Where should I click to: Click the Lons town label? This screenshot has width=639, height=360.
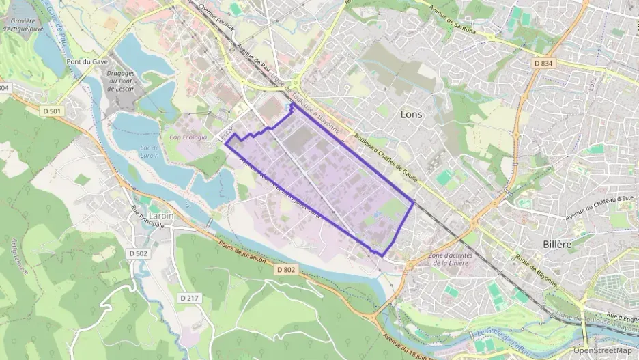pos(411,115)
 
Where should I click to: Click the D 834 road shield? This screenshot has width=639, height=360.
pos(543,64)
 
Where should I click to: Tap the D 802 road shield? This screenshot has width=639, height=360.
pos(286,270)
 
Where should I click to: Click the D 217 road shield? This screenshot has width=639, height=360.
pos(188,298)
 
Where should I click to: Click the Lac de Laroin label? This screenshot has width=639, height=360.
pos(148,151)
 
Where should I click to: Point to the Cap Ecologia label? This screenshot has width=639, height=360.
pos(188,137)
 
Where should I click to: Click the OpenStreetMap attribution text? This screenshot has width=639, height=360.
pos(603,350)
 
